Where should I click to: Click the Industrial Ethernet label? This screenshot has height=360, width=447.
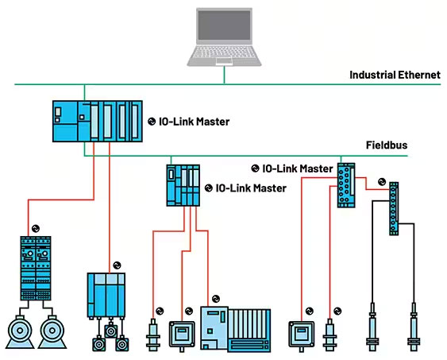(x=395, y=75)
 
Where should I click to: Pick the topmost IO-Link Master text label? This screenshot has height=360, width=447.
(x=194, y=122)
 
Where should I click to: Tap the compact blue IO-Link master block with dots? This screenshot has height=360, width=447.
(x=345, y=185)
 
